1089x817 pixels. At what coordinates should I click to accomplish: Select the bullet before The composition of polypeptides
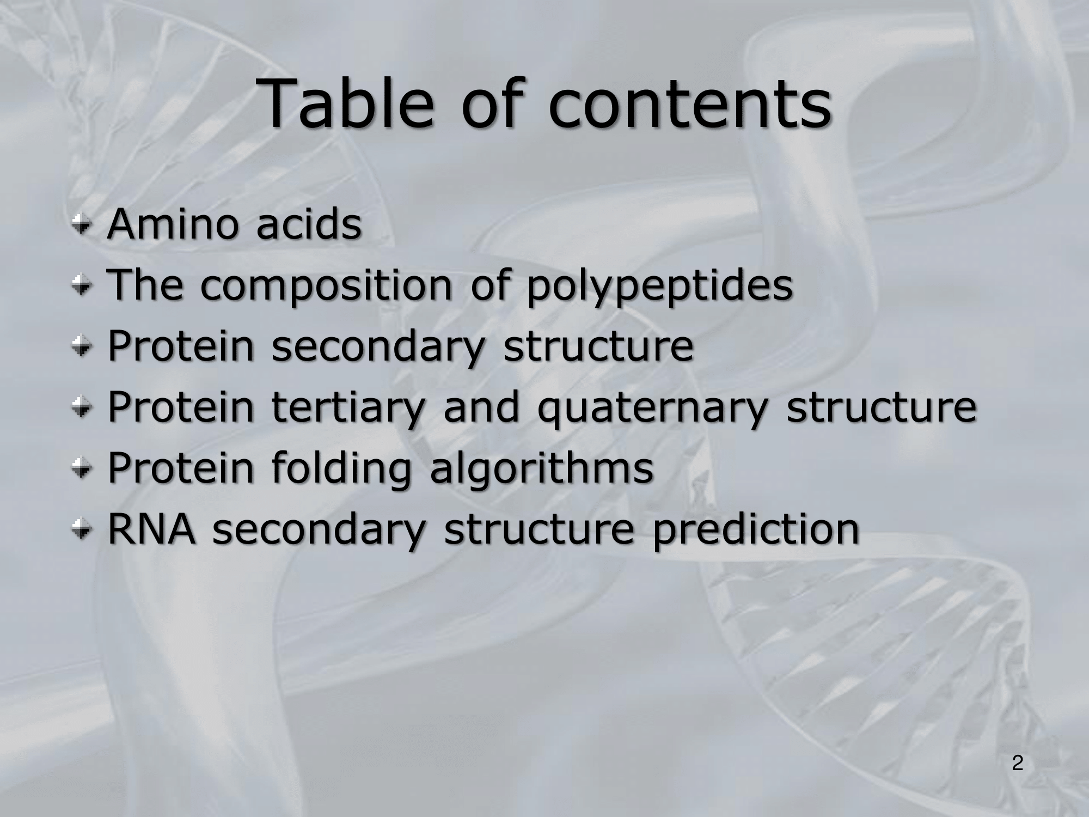point(82,286)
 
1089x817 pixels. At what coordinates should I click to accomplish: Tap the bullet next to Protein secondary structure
point(82,347)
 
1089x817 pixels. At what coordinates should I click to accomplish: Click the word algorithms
point(542,470)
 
